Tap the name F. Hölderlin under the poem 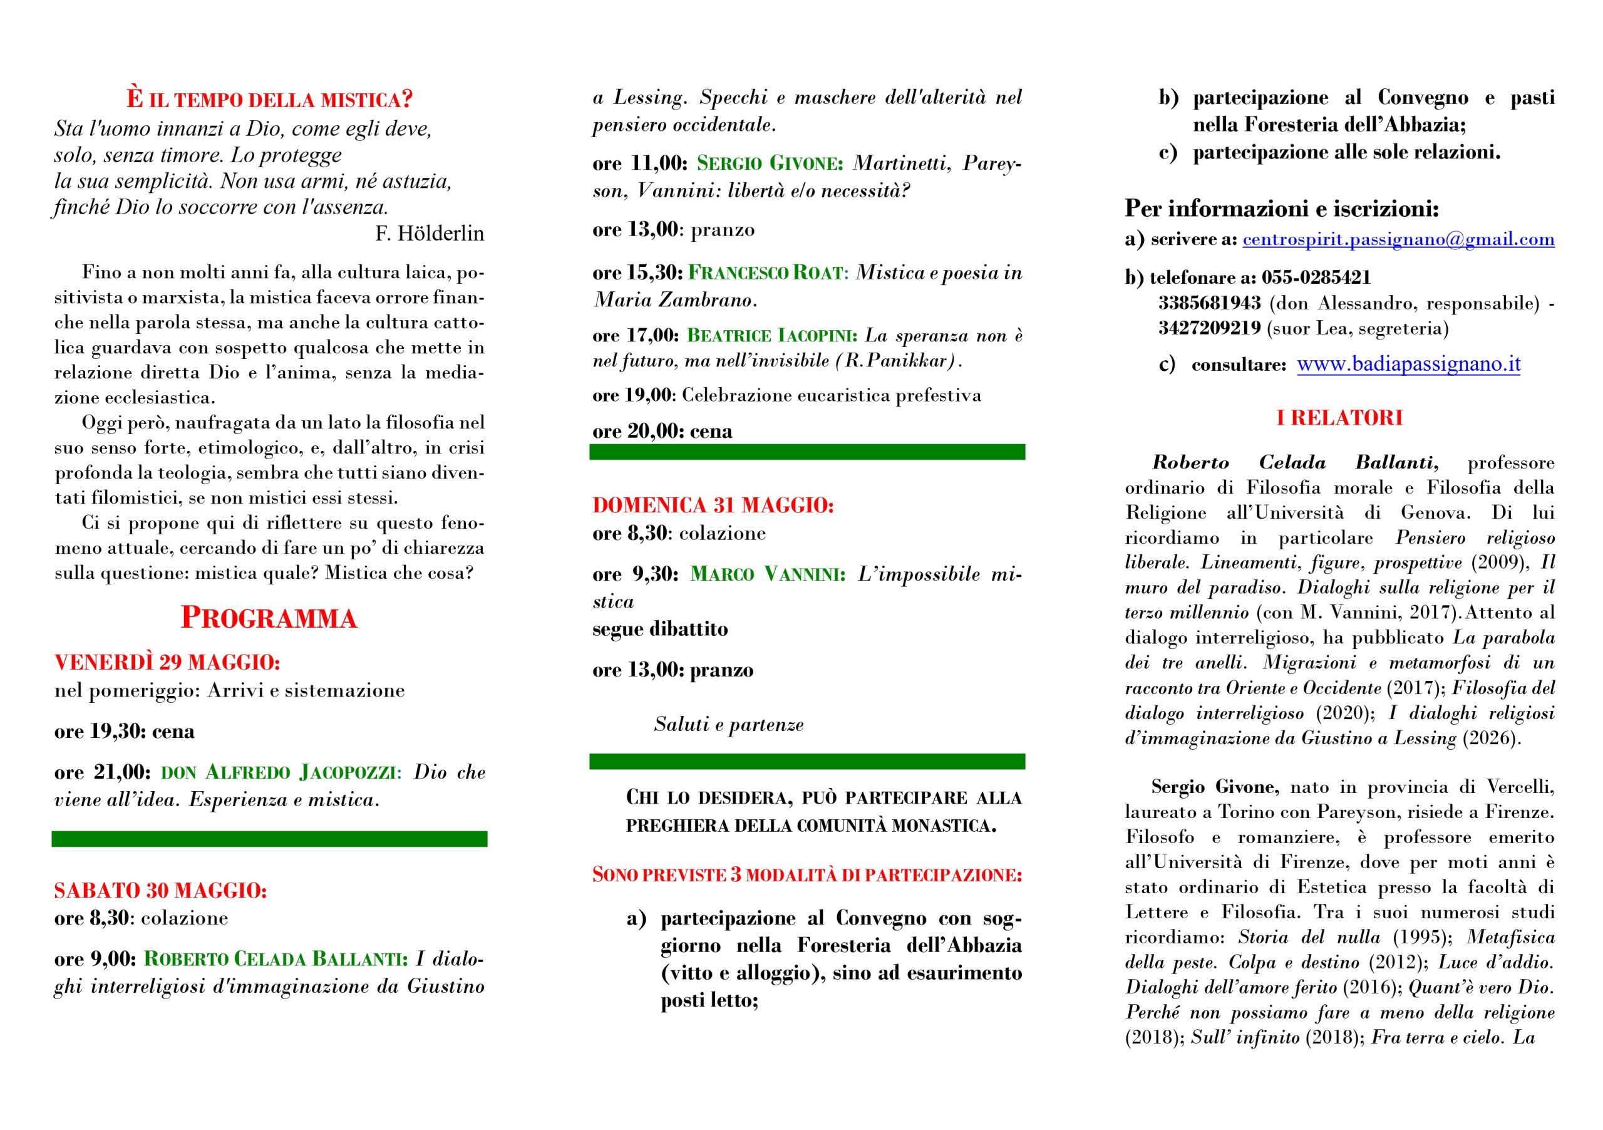(430, 233)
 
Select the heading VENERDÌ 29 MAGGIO (167, 662)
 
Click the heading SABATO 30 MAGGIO (160, 891)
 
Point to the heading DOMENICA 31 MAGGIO (713, 505)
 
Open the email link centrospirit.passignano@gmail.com (1398, 239)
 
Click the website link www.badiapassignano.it (1408, 365)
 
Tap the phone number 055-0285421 (1316, 277)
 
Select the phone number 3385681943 (1209, 303)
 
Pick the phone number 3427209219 (1209, 328)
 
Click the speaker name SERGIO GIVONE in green (770, 164)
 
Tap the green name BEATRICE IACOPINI (771, 336)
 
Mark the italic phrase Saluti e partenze (728, 725)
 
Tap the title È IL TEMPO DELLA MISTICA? (269, 99)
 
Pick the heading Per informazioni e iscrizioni (1282, 208)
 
